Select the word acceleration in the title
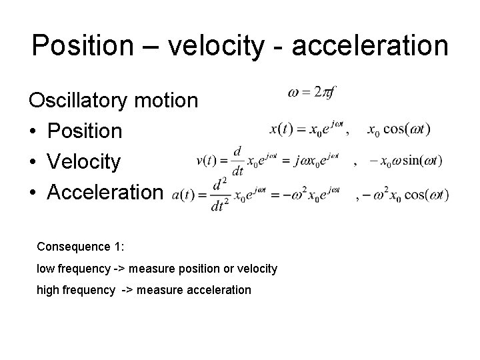click(x=371, y=46)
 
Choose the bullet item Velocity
click(x=83, y=162)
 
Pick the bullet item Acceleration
click(x=104, y=193)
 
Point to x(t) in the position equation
click(x=281, y=129)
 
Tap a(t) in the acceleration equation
click(x=184, y=195)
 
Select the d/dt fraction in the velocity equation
click(x=237, y=161)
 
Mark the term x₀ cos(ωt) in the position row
click(x=399, y=129)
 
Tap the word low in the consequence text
click(x=45, y=268)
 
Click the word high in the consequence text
click(x=48, y=290)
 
